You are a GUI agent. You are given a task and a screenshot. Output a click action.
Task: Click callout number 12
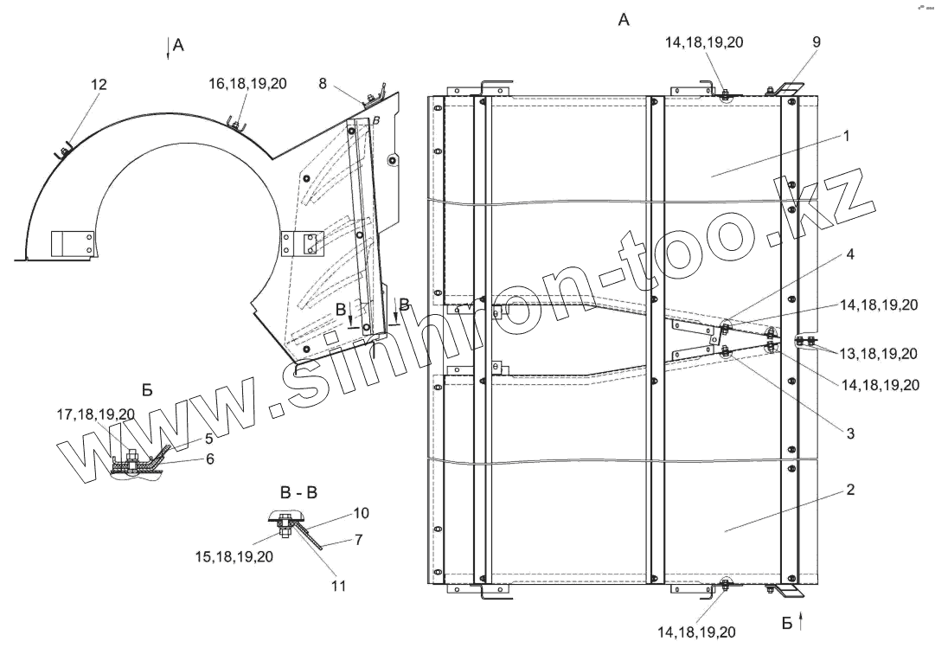[x=99, y=84]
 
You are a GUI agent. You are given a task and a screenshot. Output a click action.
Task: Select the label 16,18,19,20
[x=247, y=84]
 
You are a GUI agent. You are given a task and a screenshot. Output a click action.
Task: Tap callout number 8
[x=323, y=84]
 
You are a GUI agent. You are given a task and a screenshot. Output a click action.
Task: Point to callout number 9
[x=817, y=42]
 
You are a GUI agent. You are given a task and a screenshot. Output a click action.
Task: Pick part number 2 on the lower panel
[x=850, y=490]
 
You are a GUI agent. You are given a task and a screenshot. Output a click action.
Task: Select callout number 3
[x=851, y=433]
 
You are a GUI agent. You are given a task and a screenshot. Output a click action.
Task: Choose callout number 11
[x=338, y=586]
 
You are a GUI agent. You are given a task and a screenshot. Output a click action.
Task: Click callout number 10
[x=361, y=513]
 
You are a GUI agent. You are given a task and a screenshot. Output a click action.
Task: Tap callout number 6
[x=209, y=459]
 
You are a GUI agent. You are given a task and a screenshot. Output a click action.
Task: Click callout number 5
[x=208, y=439]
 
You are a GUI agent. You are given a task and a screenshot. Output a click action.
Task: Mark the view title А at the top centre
[x=624, y=20]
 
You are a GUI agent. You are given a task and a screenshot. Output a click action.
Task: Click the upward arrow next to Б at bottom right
[x=802, y=619]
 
